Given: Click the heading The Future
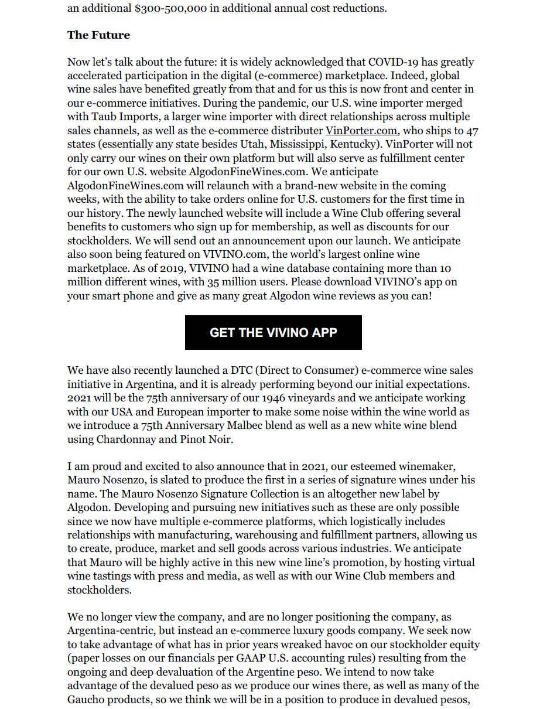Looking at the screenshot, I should tap(98, 35).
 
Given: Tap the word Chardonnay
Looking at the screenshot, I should tap(128, 439).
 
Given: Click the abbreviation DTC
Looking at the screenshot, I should tap(241, 370).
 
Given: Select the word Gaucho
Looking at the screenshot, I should tap(87, 700).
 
